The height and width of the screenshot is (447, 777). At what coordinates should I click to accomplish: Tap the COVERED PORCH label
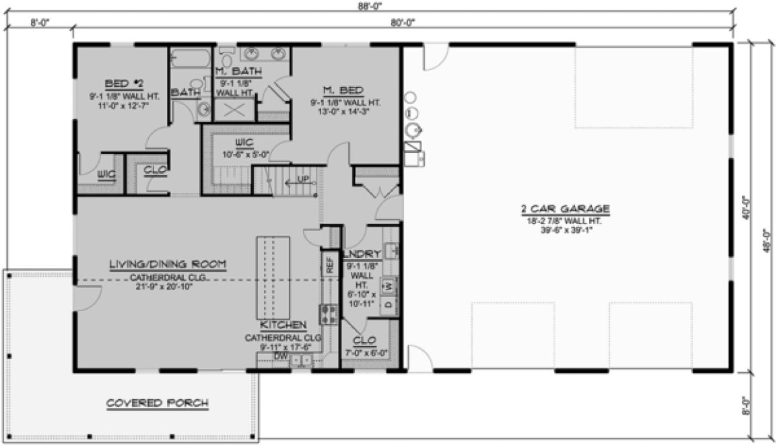157,403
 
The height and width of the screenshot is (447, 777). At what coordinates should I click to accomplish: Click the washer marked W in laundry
389,287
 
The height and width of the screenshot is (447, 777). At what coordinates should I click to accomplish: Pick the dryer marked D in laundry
389,305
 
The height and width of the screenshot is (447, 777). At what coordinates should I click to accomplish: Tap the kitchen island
271,278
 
